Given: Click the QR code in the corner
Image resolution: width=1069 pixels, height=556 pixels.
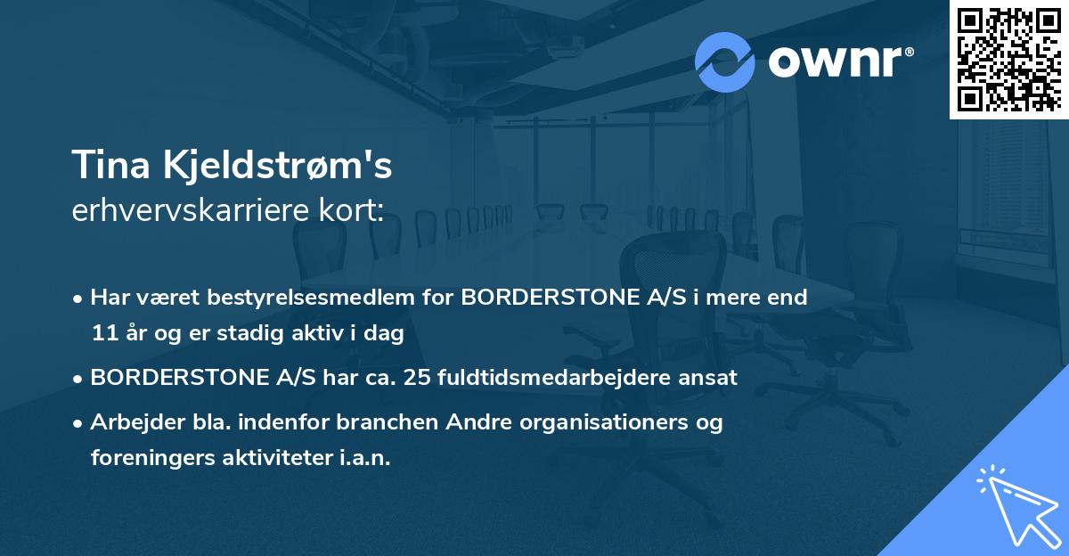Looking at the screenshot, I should coord(1009,60).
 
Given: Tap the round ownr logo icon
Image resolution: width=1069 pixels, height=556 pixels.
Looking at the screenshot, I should coord(725,62).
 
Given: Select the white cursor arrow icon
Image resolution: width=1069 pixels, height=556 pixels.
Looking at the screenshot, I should coord(1016,508).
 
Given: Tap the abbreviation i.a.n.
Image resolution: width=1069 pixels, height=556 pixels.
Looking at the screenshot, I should coord(365,458).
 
